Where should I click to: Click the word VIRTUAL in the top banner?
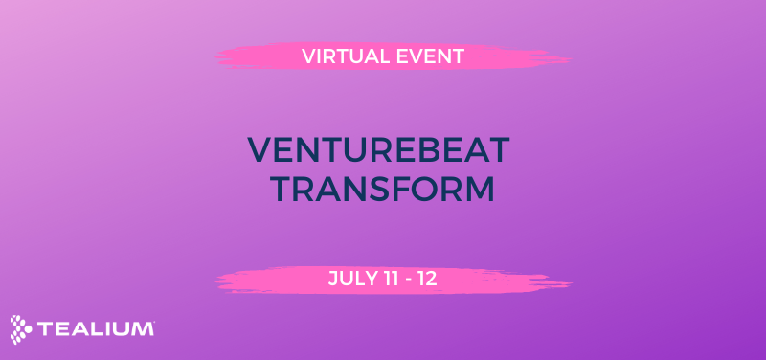pyautogui.click(x=342, y=56)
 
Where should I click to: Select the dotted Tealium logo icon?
pyautogui.click(x=22, y=328)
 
